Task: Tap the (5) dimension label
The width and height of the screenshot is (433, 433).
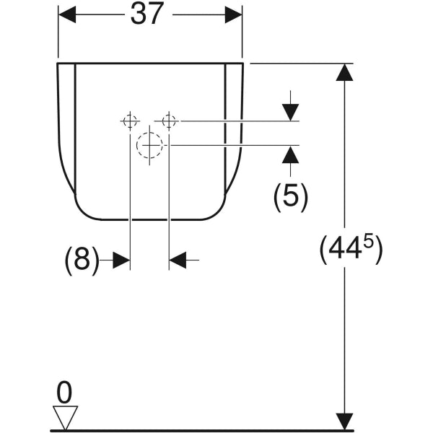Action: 290,196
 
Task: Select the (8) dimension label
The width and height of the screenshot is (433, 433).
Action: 82,260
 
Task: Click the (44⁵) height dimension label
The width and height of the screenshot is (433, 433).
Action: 351,249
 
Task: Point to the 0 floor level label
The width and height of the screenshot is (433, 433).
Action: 64,393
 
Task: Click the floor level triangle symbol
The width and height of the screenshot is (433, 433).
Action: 65,416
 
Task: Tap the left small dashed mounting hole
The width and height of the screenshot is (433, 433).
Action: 130,121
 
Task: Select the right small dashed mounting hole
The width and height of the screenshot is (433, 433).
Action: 169,121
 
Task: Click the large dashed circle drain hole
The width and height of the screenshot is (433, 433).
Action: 150,145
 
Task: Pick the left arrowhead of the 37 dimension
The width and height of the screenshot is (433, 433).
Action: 66,14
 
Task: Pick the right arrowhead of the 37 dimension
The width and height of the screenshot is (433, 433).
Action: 233,14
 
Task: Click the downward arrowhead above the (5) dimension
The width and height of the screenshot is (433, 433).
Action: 290,112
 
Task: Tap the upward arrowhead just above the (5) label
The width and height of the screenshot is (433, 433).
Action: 290,154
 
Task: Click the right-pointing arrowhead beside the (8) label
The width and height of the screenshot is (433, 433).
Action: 121,260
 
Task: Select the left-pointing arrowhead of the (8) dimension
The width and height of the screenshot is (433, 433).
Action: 178,260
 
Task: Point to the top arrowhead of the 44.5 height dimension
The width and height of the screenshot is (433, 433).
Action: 346,72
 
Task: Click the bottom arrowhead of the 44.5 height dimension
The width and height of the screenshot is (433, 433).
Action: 346,421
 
